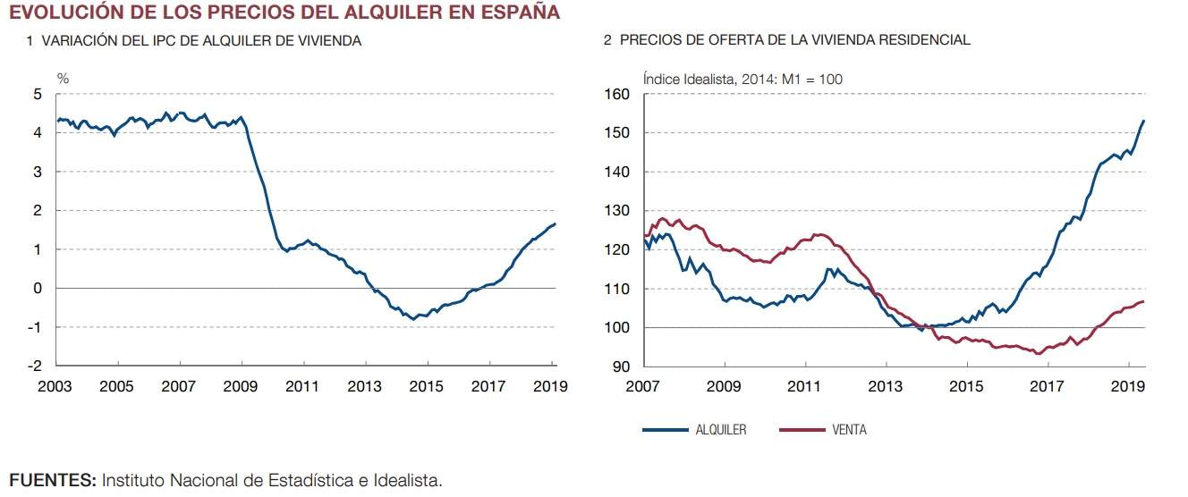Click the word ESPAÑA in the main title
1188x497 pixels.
coord(514,13)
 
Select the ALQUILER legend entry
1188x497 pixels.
coord(720,430)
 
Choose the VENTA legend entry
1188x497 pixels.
coord(848,430)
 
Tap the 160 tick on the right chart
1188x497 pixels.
coord(616,95)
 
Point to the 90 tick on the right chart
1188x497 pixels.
coord(620,367)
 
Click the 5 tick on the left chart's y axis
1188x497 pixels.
coord(37,95)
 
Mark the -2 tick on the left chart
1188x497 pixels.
coord(34,366)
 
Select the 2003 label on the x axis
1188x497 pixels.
coord(55,386)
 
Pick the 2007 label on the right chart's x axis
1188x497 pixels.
coord(643,386)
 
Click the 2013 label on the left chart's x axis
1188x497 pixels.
coord(365,386)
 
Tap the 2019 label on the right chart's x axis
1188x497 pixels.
coord(1129,386)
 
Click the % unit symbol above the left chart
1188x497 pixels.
coord(63,79)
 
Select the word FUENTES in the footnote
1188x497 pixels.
coord(52,481)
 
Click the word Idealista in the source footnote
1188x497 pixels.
coord(404,481)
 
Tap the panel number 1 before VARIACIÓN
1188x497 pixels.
coord(30,41)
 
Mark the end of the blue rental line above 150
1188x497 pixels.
coord(1144,121)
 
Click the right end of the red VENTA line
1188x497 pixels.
coord(1144,301)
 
